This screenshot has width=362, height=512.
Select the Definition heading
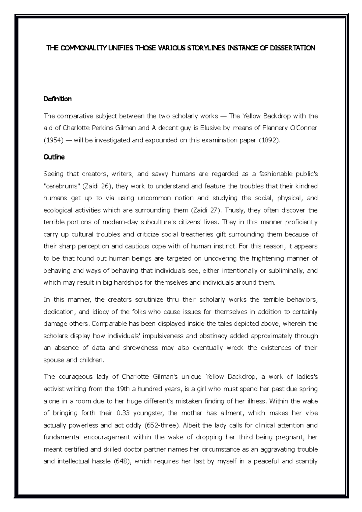[58, 99]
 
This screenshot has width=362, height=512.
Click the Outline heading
[54, 157]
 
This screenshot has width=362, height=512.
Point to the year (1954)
[53, 140]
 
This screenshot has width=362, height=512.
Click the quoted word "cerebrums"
[61, 186]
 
